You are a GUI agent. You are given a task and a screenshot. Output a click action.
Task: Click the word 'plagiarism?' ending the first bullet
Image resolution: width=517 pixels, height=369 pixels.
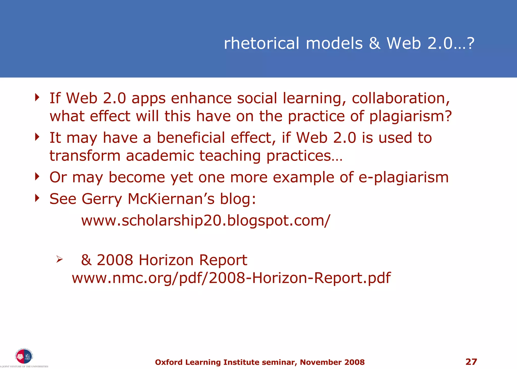(410, 116)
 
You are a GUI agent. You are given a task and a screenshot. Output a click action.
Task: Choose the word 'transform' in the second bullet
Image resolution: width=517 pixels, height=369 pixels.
(85, 156)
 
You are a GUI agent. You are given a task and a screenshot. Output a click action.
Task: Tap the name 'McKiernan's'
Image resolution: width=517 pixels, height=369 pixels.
(171, 199)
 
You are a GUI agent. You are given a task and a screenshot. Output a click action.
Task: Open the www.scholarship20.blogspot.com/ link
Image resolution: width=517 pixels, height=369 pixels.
(205, 221)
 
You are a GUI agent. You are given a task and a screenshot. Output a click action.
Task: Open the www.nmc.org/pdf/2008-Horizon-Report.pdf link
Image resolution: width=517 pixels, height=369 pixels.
(231, 278)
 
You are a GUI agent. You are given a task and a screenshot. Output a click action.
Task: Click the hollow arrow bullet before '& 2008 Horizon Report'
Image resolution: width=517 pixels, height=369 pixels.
(59, 259)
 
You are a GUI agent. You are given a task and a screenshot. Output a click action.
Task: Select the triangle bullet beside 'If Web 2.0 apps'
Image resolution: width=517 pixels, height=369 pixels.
(37, 97)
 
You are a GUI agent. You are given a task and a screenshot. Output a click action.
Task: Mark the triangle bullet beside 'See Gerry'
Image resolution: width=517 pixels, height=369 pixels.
(37, 198)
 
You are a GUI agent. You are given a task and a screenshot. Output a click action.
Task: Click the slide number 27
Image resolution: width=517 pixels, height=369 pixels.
(471, 362)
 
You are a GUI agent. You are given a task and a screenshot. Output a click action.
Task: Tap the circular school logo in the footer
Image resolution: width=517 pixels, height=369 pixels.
(24, 356)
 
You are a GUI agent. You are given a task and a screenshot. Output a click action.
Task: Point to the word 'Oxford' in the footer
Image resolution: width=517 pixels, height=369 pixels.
(169, 362)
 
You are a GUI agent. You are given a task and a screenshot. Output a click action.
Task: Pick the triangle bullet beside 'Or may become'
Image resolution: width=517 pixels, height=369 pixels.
(37, 177)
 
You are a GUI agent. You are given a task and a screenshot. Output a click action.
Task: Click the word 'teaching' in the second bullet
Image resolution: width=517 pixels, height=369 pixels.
(230, 156)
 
